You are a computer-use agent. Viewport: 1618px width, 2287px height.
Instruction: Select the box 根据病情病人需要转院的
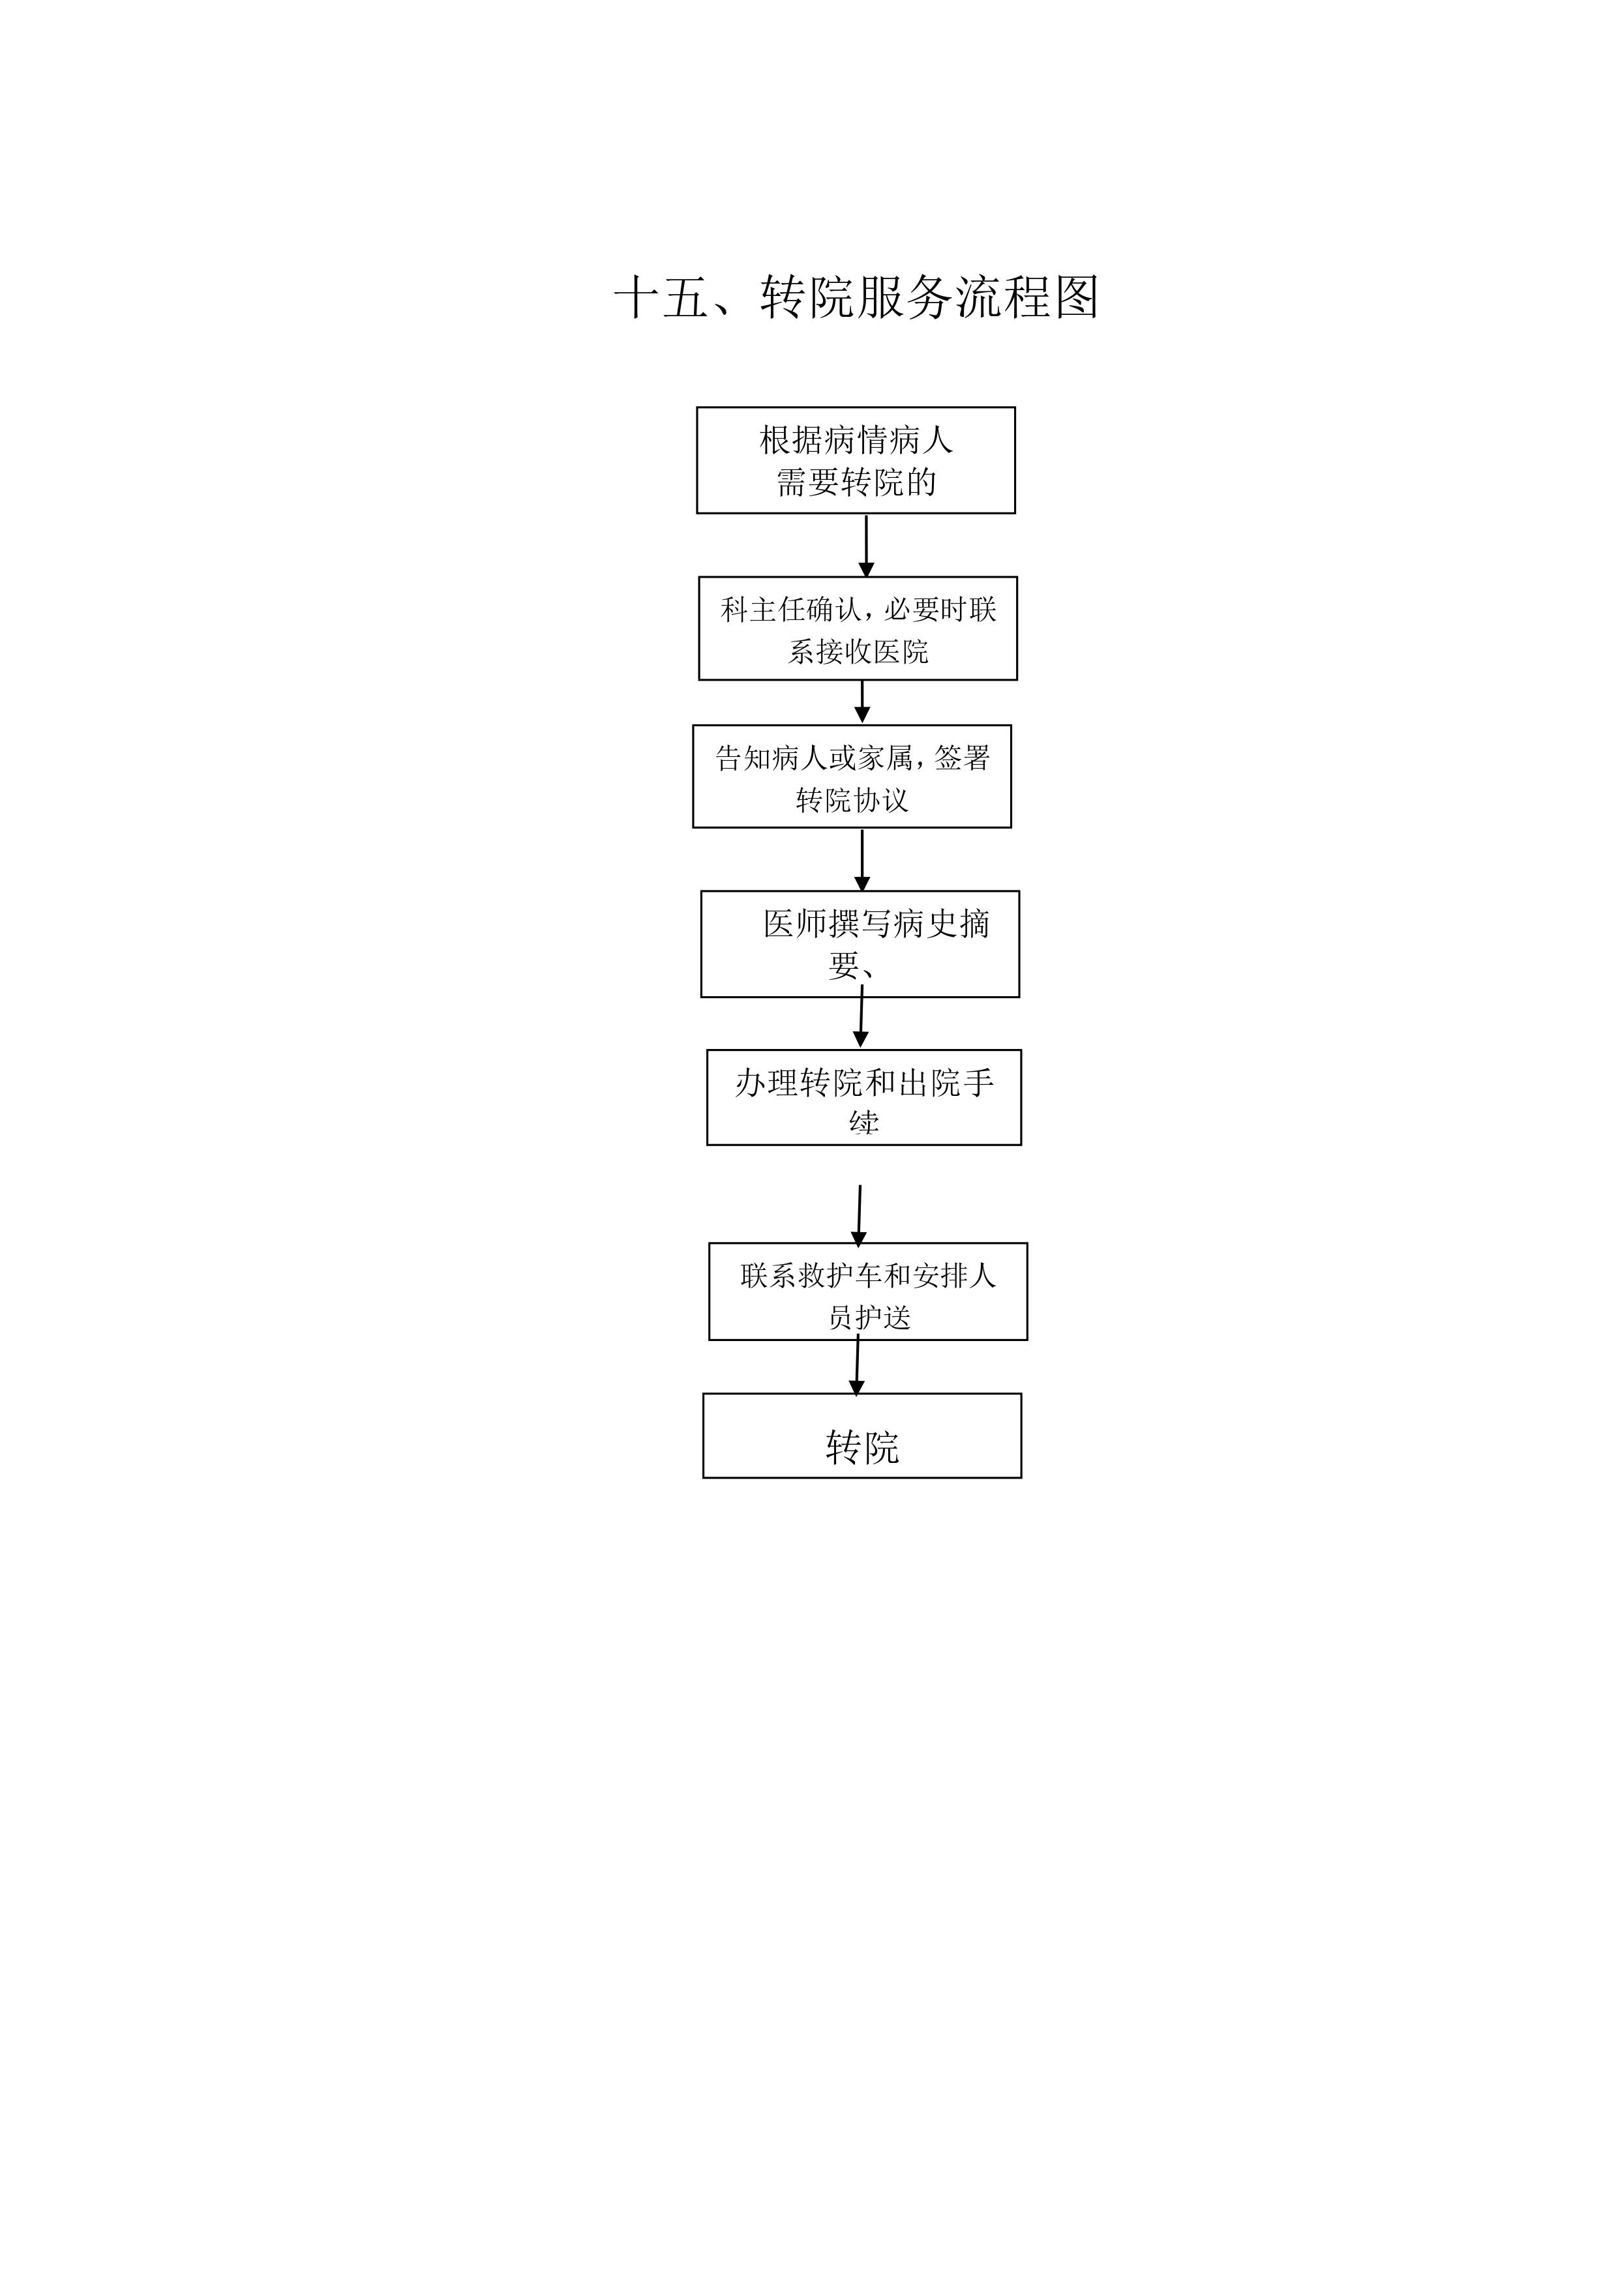click(x=855, y=460)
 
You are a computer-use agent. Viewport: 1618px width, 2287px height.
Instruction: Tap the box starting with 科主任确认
click(x=857, y=628)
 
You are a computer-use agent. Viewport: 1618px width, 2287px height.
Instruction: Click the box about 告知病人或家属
click(x=852, y=777)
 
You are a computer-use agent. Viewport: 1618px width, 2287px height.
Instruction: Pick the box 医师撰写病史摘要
click(x=860, y=943)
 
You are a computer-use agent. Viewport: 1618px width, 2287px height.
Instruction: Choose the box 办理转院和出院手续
click(x=864, y=1098)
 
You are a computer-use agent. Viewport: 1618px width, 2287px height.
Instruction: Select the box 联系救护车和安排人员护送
click(x=868, y=1292)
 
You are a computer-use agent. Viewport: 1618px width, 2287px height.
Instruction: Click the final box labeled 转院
click(x=861, y=1436)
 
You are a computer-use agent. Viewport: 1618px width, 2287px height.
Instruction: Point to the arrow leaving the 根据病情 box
click(x=866, y=545)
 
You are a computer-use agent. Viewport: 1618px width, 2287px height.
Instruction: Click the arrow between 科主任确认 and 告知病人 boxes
click(x=861, y=702)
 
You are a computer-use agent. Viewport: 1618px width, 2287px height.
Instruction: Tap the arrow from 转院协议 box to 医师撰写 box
click(x=861, y=859)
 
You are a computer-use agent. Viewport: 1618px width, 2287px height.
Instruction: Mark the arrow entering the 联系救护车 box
click(x=859, y=1215)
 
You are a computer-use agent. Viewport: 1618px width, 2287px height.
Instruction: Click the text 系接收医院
click(x=858, y=651)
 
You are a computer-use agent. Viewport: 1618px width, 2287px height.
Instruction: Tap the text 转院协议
click(x=852, y=800)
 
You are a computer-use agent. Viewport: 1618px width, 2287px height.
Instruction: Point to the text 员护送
click(x=869, y=1317)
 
